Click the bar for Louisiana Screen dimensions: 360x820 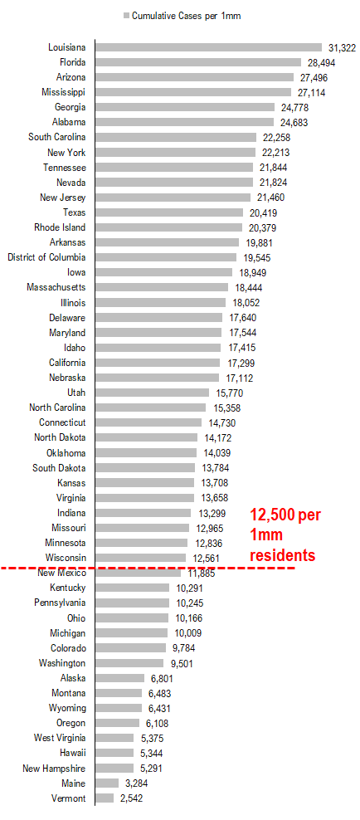tap(208, 47)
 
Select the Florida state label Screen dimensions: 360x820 tap(73, 62)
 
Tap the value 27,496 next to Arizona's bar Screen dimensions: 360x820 tap(314, 77)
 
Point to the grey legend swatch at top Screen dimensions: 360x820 tap(126, 16)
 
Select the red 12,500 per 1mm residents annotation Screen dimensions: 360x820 tap(285, 535)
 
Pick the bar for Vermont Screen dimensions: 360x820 tap(105, 798)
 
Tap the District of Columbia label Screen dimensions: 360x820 tap(47, 257)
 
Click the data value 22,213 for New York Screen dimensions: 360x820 tap(276, 153)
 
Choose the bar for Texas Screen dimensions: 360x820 tap(169, 212)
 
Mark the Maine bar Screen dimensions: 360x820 tap(107, 783)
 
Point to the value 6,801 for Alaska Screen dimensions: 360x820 tap(162, 678)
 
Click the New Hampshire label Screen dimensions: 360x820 tap(55, 769)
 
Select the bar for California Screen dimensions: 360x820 tap(158, 363)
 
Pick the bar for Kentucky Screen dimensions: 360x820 tap(133, 588)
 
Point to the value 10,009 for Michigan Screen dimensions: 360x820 tap(188, 633)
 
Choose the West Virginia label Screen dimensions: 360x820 tap(60, 738)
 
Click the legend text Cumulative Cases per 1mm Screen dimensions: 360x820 tap(186, 16)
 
